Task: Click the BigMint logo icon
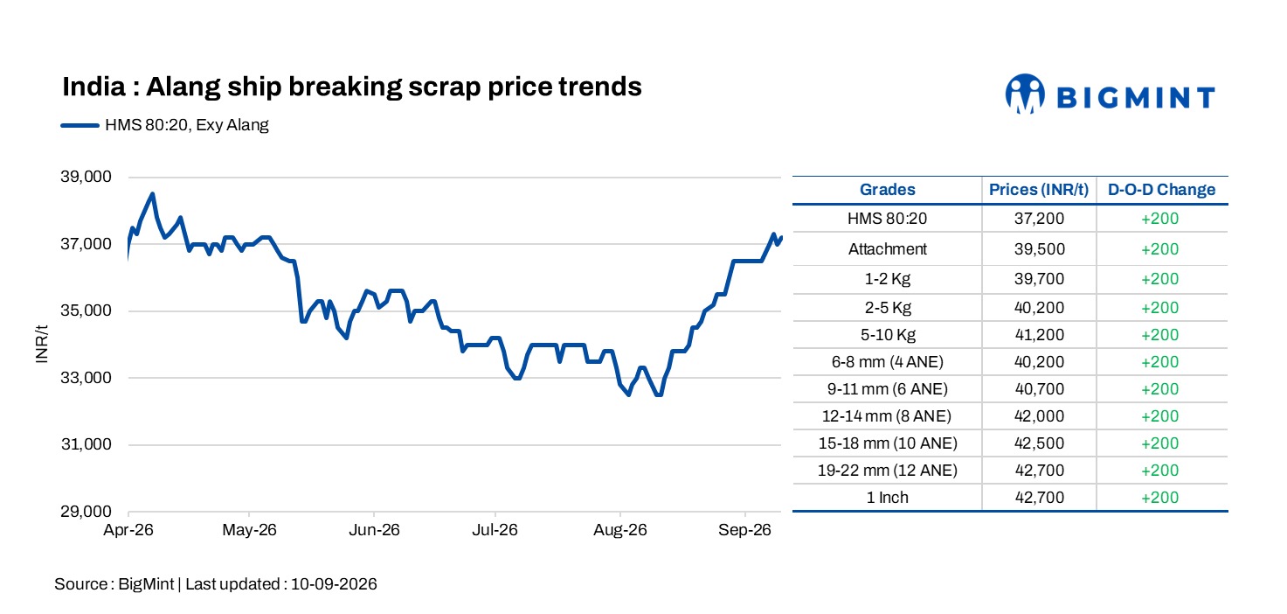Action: [1024, 94]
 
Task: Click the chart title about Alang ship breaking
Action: [351, 87]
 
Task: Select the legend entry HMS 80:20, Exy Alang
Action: [165, 125]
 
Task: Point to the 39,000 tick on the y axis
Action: [86, 177]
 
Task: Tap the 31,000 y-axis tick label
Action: [86, 444]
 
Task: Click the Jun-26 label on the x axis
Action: [374, 529]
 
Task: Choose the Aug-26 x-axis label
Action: [620, 529]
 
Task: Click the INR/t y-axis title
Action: [41, 344]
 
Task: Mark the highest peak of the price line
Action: [152, 194]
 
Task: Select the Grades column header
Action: [887, 190]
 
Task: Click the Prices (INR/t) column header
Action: [1039, 190]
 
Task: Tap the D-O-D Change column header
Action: [1161, 190]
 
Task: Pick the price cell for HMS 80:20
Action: [1039, 219]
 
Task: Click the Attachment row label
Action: [887, 249]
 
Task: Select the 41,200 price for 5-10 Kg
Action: [1039, 335]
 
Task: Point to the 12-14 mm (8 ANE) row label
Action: [887, 416]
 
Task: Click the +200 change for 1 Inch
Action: [1159, 498]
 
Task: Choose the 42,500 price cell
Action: [1039, 443]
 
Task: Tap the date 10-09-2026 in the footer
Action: [334, 584]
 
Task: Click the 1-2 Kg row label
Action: [887, 279]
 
